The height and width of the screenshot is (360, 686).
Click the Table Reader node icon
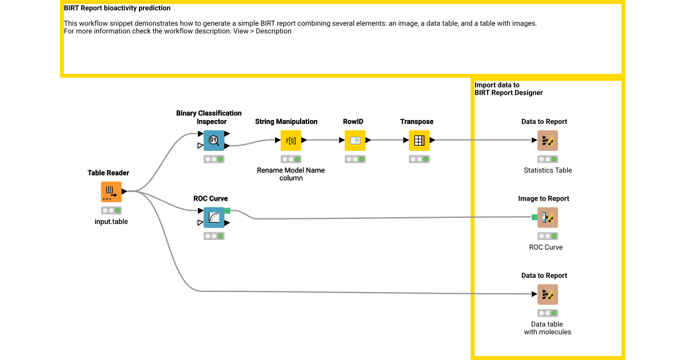point(111,192)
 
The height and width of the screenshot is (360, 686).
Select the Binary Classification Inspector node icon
point(214,141)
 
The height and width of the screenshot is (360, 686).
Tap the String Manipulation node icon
point(291,141)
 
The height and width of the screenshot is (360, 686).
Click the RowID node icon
point(355,141)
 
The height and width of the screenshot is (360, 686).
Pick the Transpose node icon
point(419,141)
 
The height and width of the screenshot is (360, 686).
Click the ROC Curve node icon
point(214,218)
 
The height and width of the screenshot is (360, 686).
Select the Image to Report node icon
point(548,218)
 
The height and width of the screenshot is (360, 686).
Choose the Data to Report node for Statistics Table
point(548,141)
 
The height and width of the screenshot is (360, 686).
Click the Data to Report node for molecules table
point(548,295)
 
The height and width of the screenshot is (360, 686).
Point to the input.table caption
point(111,222)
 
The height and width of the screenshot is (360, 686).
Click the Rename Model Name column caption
point(290,174)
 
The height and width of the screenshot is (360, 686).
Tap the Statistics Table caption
point(548,170)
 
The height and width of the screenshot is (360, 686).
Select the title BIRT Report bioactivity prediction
point(117,9)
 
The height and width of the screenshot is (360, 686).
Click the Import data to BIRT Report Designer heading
point(508,89)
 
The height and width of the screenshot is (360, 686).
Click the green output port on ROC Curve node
point(227,211)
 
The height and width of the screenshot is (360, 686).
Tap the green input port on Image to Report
point(535,217)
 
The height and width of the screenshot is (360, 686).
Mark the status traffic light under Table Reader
point(111,210)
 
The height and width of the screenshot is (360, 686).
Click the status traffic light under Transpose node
point(419,159)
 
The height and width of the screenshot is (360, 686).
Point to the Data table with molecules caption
point(548,328)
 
